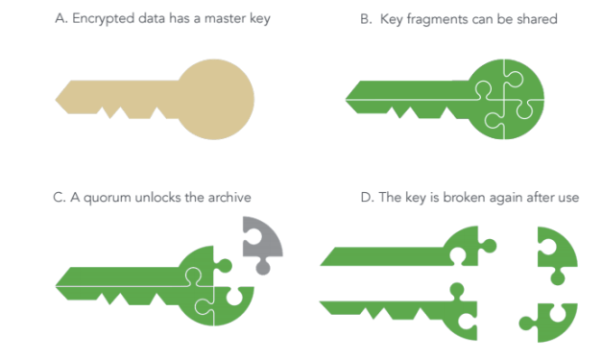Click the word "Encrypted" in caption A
point(104,19)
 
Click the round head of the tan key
point(215,99)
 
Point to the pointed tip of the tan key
point(56,100)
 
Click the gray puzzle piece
point(261,242)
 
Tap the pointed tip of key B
point(347,100)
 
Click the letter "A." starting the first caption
point(61,18)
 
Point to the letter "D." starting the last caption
point(367,197)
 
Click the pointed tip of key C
point(56,286)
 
